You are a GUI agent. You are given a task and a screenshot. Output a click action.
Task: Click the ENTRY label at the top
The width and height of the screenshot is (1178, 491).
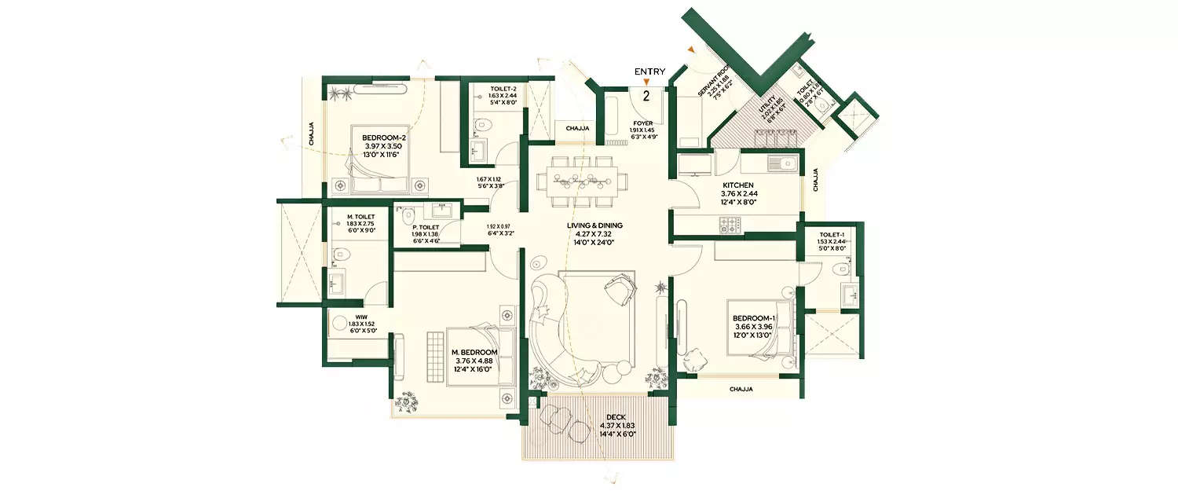tap(649, 71)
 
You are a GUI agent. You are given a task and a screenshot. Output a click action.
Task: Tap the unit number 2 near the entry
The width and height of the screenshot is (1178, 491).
tap(646, 97)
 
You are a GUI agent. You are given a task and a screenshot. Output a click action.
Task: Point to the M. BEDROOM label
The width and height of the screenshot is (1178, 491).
tap(475, 352)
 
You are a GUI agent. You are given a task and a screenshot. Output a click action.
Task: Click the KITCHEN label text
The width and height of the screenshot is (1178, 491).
tap(737, 185)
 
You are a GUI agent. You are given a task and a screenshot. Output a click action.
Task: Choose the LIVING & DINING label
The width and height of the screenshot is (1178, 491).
tap(594, 225)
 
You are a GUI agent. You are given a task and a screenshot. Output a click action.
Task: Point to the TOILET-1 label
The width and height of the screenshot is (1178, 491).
tap(830, 234)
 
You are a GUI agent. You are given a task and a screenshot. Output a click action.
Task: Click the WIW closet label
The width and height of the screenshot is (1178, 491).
tap(339, 319)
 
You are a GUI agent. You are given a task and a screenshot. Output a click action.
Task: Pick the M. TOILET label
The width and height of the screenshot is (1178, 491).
tap(360, 216)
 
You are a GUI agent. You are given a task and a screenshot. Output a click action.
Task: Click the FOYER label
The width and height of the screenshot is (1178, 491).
tap(642, 123)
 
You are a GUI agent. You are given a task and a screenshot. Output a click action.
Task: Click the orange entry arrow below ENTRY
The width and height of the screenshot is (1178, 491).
tap(646, 82)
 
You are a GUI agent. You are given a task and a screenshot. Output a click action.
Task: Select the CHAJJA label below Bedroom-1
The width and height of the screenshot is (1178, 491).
tap(741, 389)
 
